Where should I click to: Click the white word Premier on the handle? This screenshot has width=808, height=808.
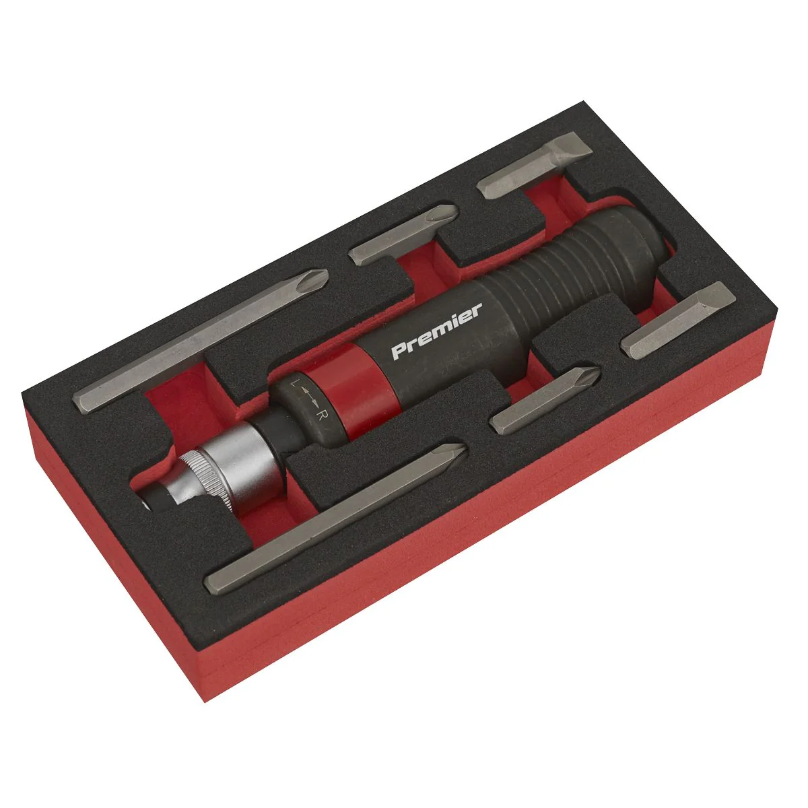[436, 331]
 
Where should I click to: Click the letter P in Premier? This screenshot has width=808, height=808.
[399, 351]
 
